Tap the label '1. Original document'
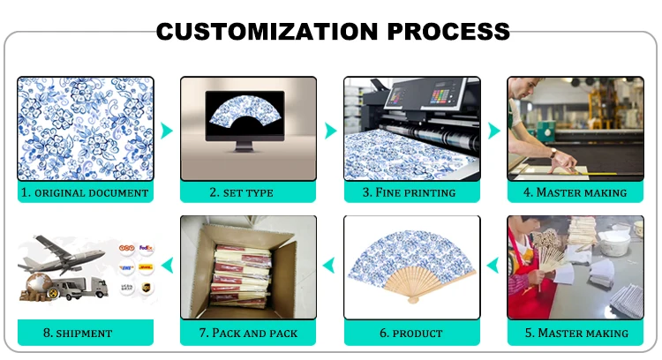click(85, 192)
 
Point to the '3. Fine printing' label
click(411, 192)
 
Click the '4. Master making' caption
click(575, 192)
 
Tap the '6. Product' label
click(411, 333)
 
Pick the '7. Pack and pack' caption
click(248, 333)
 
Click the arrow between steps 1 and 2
click(168, 131)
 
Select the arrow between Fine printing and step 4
click(494, 131)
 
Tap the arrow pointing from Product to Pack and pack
click(330, 262)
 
